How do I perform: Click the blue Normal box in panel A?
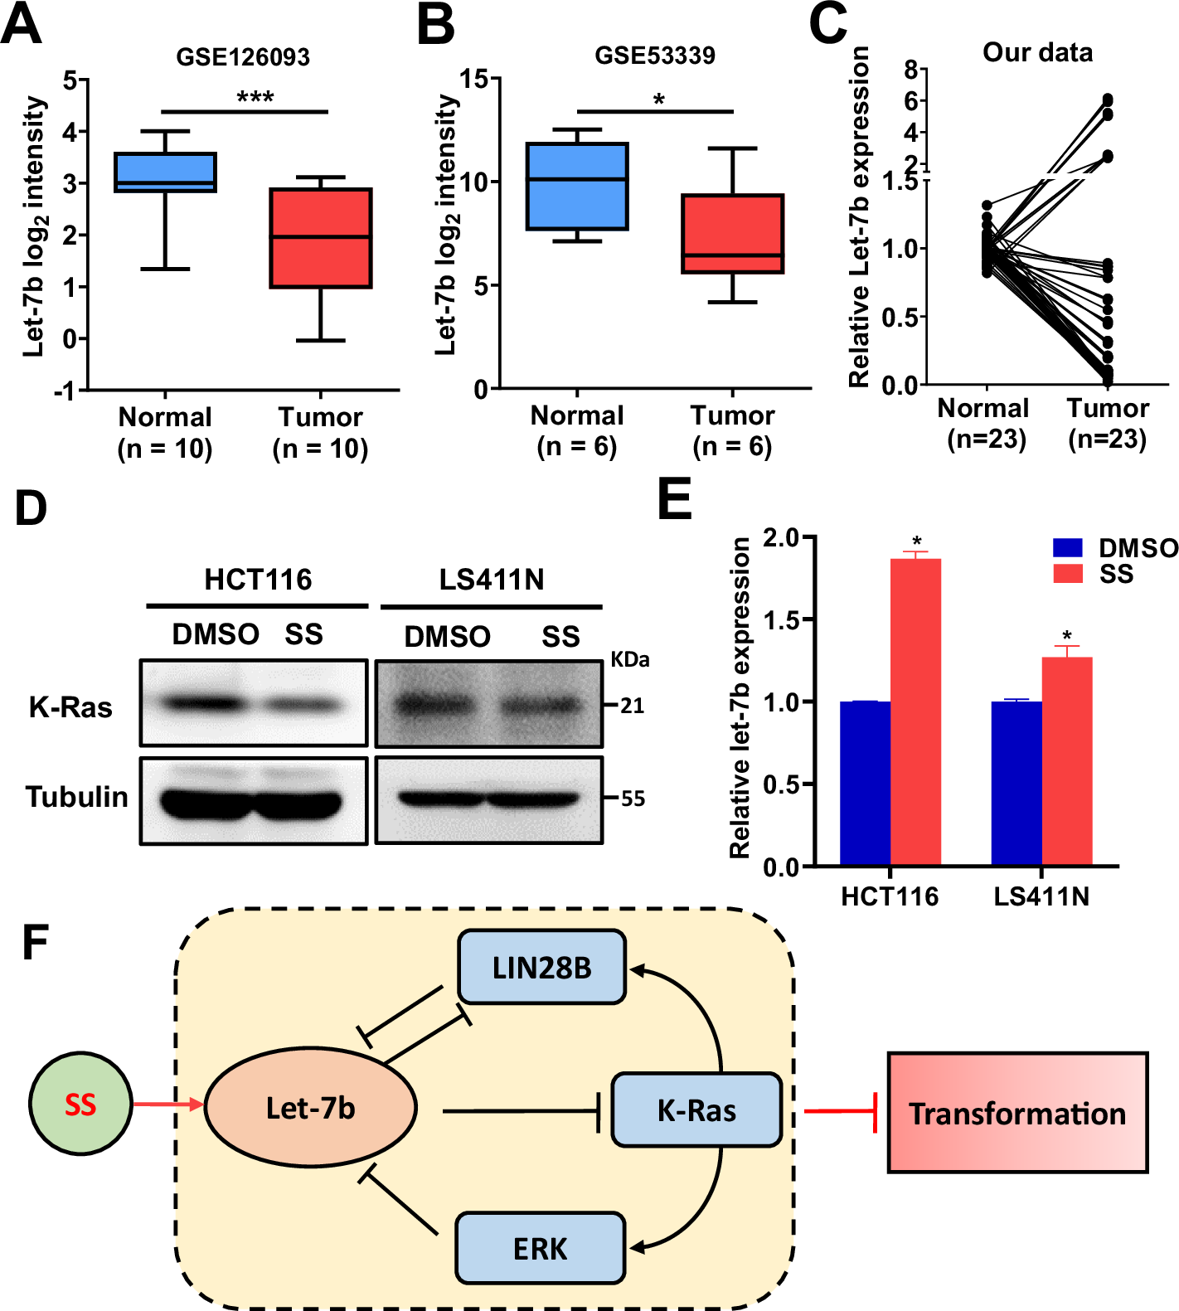[x=165, y=172]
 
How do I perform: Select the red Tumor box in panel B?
[x=732, y=234]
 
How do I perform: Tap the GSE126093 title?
[x=243, y=57]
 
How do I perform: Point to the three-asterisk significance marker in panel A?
[x=255, y=99]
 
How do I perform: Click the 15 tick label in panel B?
[x=474, y=80]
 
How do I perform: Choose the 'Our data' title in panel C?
[x=1037, y=53]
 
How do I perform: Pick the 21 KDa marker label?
[x=632, y=706]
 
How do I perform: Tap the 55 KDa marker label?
[x=633, y=799]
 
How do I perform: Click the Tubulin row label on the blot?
[x=77, y=797]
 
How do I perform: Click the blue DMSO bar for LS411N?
[x=1016, y=783]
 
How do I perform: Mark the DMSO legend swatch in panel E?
[x=1067, y=548]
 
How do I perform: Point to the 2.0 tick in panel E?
[x=780, y=538]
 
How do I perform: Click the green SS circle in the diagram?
[x=80, y=1105]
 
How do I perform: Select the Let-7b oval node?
[x=310, y=1108]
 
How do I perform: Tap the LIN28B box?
[x=541, y=967]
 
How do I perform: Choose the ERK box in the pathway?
[x=540, y=1248]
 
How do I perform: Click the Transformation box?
[x=1017, y=1113]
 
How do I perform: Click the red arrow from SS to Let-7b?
[x=168, y=1105]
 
